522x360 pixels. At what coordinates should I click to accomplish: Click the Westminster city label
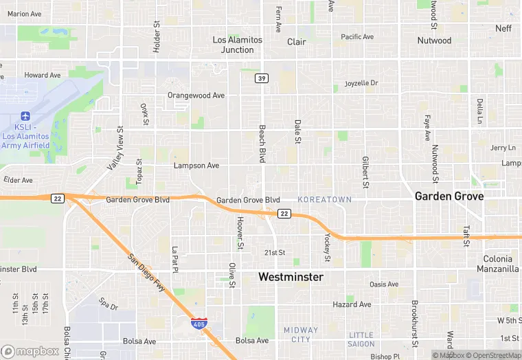pos(291,276)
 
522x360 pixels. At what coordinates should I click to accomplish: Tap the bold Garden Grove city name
pos(449,196)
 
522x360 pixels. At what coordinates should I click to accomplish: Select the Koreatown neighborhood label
pos(324,199)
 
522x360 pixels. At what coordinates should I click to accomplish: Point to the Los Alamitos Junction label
pos(238,45)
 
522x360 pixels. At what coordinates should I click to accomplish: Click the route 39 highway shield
pos(262,78)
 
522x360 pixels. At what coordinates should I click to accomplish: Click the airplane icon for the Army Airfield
pos(26,115)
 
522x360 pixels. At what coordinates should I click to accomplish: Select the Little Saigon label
pos(361,339)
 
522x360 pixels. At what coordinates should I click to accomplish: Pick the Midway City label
pos(301,335)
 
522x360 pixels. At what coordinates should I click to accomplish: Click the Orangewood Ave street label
pos(196,95)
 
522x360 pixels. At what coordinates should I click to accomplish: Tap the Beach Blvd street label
pos(262,143)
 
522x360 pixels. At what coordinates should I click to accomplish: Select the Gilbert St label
pos(365,172)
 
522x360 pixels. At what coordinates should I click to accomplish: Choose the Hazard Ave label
pos(352,304)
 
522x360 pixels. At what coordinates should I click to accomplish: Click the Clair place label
pos(297,42)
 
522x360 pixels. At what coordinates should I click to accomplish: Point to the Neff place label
pos(503,28)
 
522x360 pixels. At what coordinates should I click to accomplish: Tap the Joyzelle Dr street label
pos(361,83)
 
